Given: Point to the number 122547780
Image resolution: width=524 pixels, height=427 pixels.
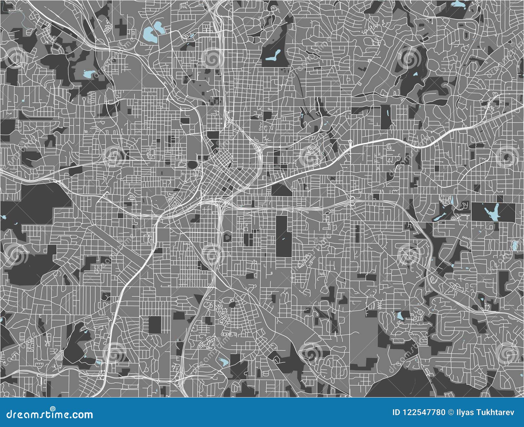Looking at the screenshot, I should (423, 412).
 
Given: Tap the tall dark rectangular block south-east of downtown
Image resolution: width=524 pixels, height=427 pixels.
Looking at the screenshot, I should (284, 236).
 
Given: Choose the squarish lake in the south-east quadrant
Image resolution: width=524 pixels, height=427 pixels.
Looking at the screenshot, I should (400, 316).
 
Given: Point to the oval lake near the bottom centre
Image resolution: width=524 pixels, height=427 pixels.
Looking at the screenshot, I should (223, 362).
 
